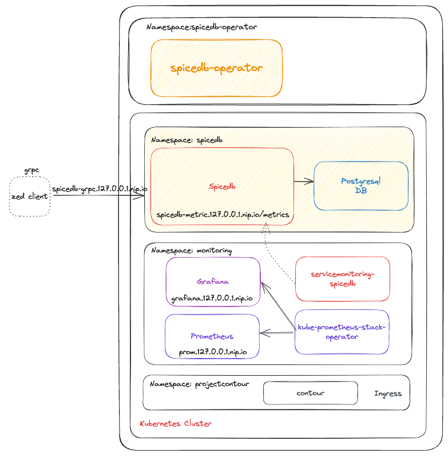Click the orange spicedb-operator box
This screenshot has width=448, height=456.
(216, 68)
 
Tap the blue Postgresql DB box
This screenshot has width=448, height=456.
(360, 186)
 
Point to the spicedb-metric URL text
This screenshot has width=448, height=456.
(223, 215)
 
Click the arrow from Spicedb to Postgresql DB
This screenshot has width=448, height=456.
(303, 182)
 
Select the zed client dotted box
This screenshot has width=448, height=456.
(30, 196)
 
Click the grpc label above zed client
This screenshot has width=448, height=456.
(31, 171)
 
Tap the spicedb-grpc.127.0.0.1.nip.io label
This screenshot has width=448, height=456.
(100, 188)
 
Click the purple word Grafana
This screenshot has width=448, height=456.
(213, 282)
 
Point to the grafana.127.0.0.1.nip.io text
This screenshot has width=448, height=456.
(212, 299)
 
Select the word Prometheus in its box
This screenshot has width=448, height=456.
(212, 336)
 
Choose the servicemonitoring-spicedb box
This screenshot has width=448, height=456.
(342, 279)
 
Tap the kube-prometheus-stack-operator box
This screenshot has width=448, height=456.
(342, 332)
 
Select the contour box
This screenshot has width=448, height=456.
(310, 394)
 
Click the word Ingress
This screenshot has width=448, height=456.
(387, 394)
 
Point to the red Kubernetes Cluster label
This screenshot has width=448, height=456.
(176, 424)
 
